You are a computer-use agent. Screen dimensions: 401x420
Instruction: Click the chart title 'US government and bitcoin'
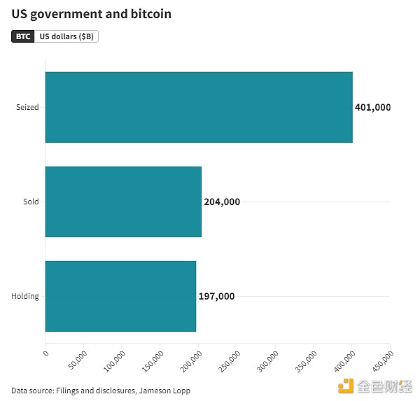91,14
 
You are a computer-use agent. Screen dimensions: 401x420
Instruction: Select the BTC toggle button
23,36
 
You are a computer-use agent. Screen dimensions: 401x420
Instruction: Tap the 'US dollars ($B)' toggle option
66,36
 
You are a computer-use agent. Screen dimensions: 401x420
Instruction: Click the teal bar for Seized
198,107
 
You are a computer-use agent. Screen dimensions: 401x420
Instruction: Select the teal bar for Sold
122,202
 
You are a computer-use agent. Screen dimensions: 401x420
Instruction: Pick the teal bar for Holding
120,296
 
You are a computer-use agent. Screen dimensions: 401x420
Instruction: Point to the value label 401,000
373,107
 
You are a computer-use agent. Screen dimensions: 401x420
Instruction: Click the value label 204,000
222,202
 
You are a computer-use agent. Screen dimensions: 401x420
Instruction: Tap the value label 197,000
216,296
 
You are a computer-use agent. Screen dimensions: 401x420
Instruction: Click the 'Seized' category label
28,107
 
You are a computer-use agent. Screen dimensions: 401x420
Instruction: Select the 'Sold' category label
31,202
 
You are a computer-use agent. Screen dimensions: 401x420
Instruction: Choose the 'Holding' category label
25,296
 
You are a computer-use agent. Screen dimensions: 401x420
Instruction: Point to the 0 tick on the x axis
45,353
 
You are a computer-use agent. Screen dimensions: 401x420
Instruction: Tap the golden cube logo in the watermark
346,386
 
